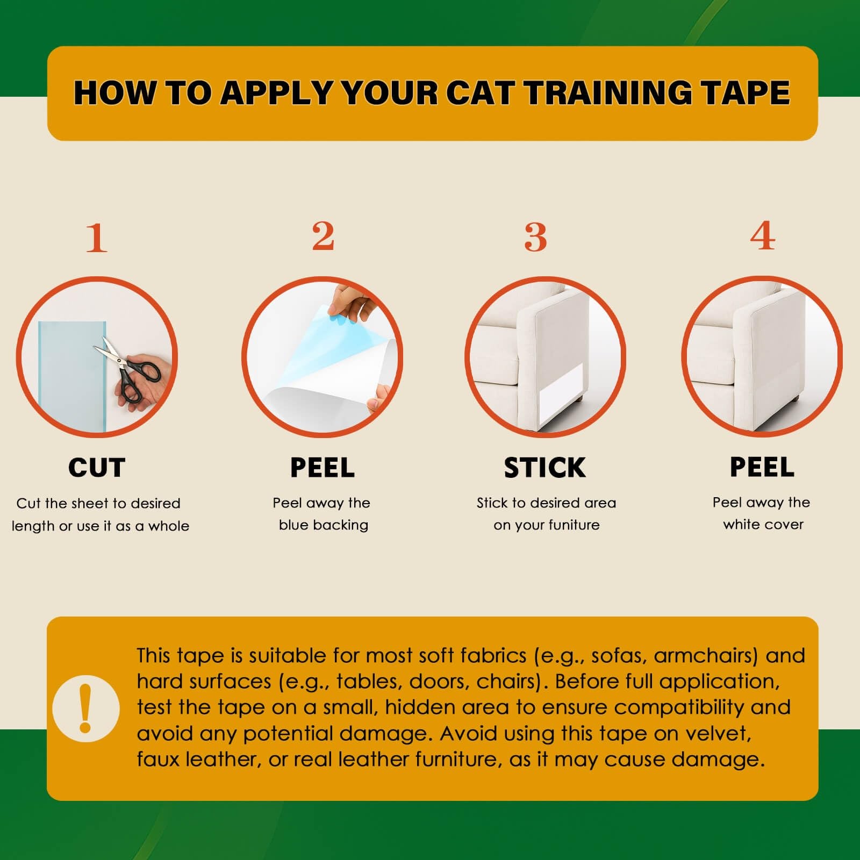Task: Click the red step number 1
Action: tap(97, 238)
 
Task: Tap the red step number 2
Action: tap(323, 236)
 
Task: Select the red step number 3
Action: tap(536, 237)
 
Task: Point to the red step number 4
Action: tap(763, 235)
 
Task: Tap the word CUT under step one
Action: tap(97, 468)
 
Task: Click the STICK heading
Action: tap(544, 468)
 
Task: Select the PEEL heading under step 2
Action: tap(322, 468)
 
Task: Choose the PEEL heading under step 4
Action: tap(762, 467)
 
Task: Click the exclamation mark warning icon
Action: tap(85, 708)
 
